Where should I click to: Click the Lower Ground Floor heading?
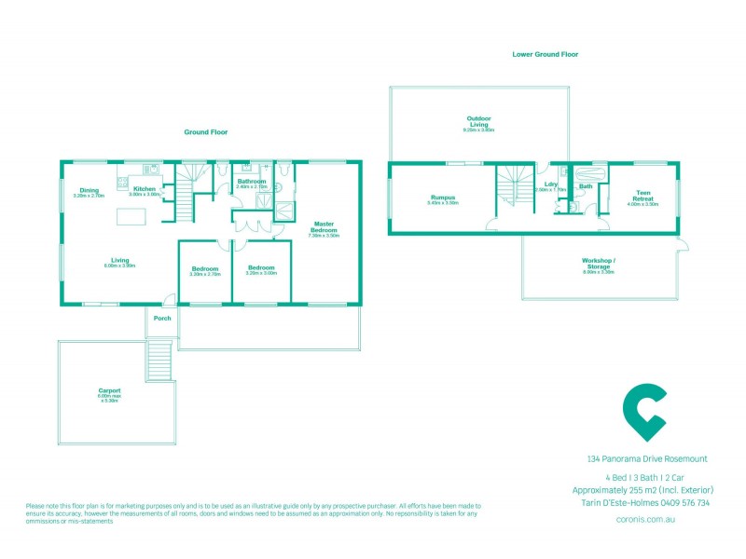(545, 55)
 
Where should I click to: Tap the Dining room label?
(89, 190)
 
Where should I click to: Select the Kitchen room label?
(145, 189)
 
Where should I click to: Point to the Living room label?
(119, 260)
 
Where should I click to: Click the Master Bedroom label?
(324, 226)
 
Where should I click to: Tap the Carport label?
(109, 390)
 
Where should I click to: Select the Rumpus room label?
(442, 198)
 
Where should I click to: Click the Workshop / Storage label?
(598, 261)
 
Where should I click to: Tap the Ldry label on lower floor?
(550, 185)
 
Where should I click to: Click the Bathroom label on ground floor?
(251, 182)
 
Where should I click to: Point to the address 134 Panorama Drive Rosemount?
(647, 458)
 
